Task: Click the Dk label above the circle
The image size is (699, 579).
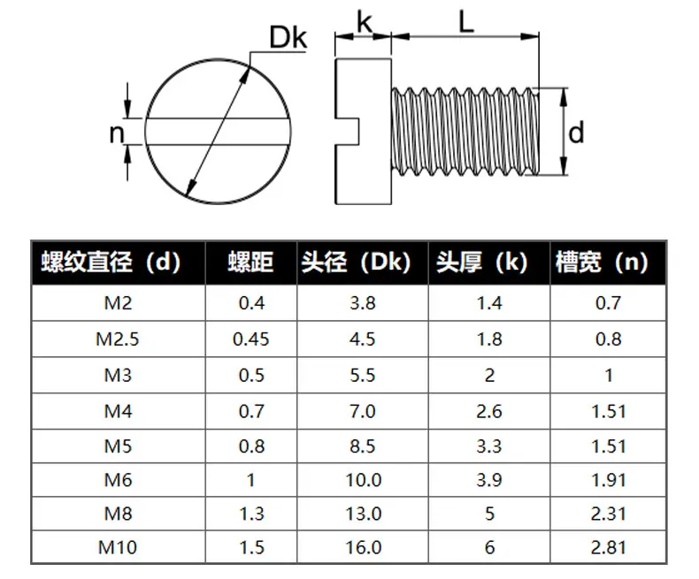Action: click(288, 37)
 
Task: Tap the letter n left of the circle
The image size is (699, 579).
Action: click(117, 133)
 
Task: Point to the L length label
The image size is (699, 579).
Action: click(465, 21)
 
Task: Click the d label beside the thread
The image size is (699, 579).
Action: click(576, 133)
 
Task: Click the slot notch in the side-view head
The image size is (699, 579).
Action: click(347, 132)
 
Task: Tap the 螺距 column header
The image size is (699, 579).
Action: click(250, 262)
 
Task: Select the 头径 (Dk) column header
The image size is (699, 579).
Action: click(356, 262)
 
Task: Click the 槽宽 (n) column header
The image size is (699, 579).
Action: click(602, 262)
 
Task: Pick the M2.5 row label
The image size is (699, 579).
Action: click(118, 339)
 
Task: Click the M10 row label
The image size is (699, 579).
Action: click(118, 547)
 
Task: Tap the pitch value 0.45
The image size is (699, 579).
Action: click(251, 339)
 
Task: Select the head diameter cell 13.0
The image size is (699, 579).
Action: click(364, 514)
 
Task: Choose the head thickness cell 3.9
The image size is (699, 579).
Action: click(489, 480)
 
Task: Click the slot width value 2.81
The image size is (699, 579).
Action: click(609, 547)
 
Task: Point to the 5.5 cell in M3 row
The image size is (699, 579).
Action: click(363, 376)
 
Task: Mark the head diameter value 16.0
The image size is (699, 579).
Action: click(364, 547)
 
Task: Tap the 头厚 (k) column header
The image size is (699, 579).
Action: click(482, 262)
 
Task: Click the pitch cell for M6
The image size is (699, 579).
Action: click(251, 480)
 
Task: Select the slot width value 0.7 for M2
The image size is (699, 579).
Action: click(608, 303)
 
